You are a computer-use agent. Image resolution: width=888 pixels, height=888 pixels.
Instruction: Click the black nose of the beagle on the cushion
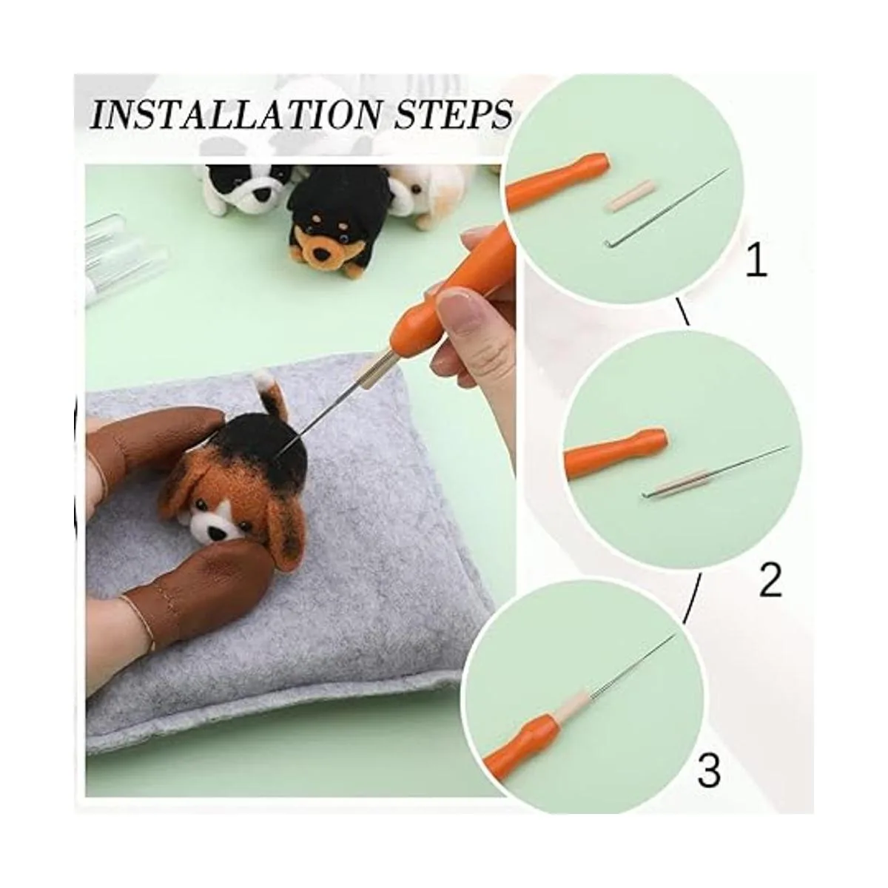(215, 533)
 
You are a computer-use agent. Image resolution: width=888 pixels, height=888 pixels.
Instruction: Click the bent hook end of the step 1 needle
(607, 242)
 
